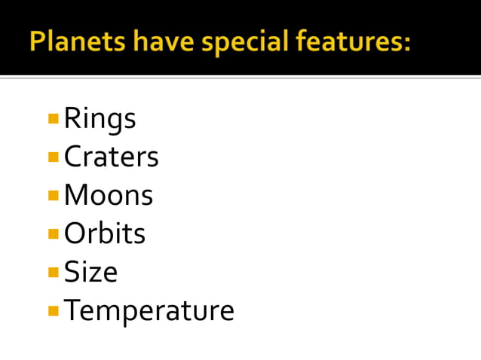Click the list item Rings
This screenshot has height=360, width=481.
(x=100, y=119)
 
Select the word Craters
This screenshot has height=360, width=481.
(x=111, y=157)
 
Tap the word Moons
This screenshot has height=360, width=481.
(x=108, y=195)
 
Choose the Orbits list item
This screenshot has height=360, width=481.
(x=104, y=233)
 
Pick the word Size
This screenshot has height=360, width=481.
(x=90, y=272)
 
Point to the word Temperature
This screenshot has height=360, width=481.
(x=149, y=310)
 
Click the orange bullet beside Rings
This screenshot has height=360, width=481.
(x=53, y=118)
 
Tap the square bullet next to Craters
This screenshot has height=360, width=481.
(x=53, y=157)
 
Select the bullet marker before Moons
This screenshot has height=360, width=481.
(x=53, y=195)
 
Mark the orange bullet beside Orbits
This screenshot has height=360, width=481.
(x=53, y=233)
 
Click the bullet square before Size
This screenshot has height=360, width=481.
(x=53, y=272)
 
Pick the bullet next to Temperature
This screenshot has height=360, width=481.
(x=53, y=310)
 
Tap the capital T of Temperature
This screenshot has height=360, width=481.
(x=72, y=310)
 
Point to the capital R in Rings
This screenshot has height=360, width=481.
(x=72, y=118)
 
